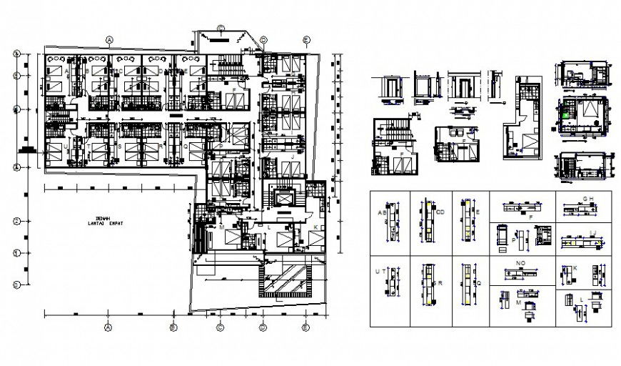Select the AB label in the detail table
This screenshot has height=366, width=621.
point(382,212)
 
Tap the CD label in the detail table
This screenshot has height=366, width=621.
point(440,211)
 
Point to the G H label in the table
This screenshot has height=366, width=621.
point(588,198)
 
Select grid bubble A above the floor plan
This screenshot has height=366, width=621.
point(109,40)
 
